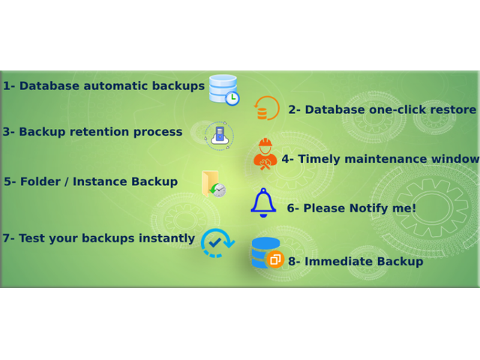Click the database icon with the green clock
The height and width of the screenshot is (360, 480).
click(x=223, y=90)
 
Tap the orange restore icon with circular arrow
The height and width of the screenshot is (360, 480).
click(x=266, y=108)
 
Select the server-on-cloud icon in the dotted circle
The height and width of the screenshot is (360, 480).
click(x=220, y=136)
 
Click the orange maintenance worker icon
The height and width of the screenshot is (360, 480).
click(x=265, y=154)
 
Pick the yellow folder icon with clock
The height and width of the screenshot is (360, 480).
click(x=214, y=184)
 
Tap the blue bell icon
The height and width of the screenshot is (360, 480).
click(x=263, y=202)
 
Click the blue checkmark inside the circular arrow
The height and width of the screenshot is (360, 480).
click(x=215, y=243)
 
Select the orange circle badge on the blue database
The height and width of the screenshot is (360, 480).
click(x=275, y=259)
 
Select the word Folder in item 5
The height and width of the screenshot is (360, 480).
click(x=40, y=181)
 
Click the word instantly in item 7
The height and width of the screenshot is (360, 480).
click(x=166, y=238)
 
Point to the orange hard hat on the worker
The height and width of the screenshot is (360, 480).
click(x=265, y=142)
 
